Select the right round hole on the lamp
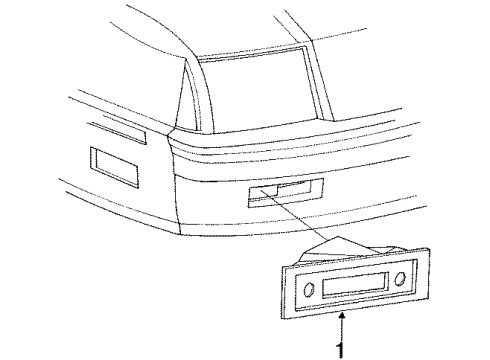tap(399, 276)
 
